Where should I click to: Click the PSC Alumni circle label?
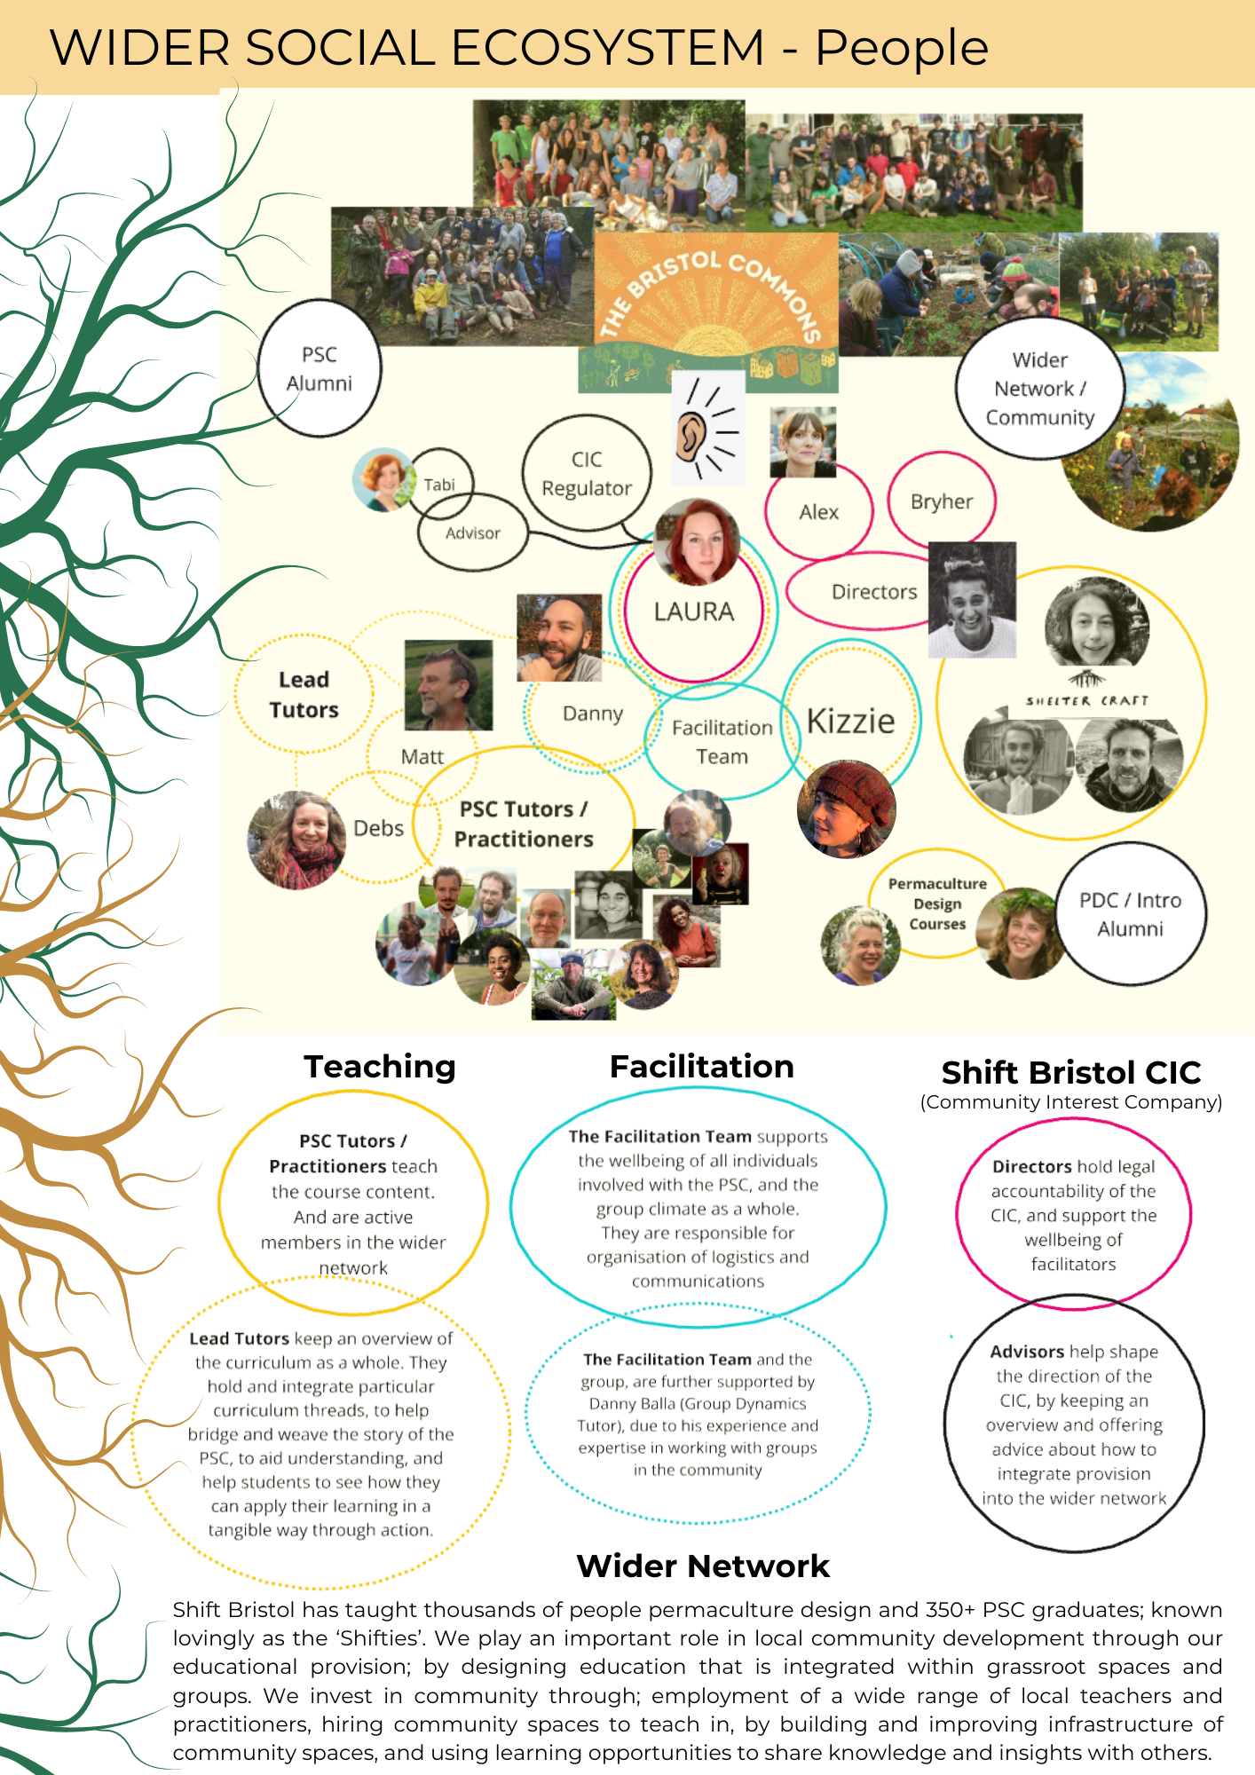coord(320,368)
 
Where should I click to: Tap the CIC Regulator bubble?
coord(587,473)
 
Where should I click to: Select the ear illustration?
coord(707,428)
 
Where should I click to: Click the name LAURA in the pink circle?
coord(694,611)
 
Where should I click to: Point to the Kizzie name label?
coord(850,721)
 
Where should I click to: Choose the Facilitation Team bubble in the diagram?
coord(722,741)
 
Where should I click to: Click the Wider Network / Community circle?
coord(1040,389)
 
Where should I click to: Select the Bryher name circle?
coord(942,501)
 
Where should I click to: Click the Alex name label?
coord(818,512)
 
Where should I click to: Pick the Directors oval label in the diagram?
coord(874,591)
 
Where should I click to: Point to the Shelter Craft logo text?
coord(1086,700)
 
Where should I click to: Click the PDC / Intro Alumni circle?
coord(1130,913)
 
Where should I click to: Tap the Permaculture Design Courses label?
coord(937,903)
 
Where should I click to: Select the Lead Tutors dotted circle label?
coord(304,694)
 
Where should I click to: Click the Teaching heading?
coord(380,1066)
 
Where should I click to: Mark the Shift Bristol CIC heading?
coord(1071,1072)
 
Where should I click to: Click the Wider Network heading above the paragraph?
coord(703,1566)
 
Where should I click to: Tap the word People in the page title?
coord(902,48)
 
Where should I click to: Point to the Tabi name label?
coord(439,485)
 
